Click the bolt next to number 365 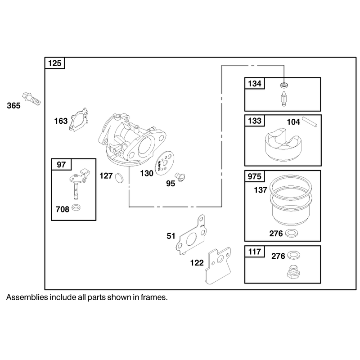pos(31,99)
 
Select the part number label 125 pos(55,63)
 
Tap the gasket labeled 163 pos(78,120)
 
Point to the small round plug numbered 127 pos(119,178)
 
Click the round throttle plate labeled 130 pos(164,163)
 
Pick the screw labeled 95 pos(180,177)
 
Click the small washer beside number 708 pos(76,207)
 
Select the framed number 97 pos(61,165)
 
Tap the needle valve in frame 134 pos(284,99)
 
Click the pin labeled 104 pos(310,121)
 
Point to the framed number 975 pos(254,176)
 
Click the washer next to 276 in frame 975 pos(292,234)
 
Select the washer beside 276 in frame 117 pos(294,255)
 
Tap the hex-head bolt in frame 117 pos(293,272)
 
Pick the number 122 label pos(197,263)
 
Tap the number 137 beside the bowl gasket pos(261,190)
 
